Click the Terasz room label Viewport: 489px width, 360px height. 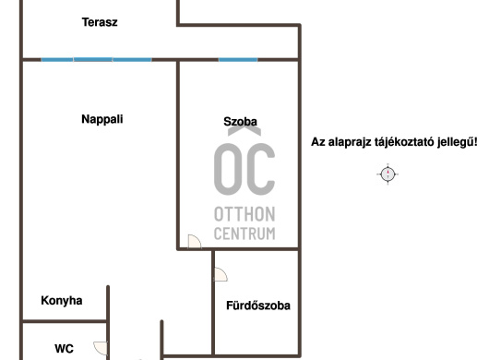tap(100, 22)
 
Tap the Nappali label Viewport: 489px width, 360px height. tap(102, 119)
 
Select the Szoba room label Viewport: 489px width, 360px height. tap(241, 121)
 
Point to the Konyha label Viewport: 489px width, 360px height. tap(62, 300)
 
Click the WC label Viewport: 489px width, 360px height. tap(64, 348)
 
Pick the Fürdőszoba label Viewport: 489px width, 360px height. tap(258, 306)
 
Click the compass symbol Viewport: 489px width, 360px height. tap(388, 174)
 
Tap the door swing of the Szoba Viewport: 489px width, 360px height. tap(195, 242)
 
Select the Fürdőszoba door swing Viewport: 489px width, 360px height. tap(221, 274)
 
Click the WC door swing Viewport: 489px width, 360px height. tap(101, 348)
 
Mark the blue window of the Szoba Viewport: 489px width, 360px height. tap(238, 59)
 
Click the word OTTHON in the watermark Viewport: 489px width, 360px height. tap(244, 214)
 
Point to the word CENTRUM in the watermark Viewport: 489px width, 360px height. tap(244, 234)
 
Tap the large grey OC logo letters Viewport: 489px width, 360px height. tap(244, 169)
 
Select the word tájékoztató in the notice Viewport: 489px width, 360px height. tap(404, 142)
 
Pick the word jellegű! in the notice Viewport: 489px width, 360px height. tap(458, 142)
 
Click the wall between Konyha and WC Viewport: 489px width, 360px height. tap(65, 321)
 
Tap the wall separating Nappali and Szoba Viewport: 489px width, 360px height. tap(178, 155)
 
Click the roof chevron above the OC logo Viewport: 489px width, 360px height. tap(244, 131)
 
